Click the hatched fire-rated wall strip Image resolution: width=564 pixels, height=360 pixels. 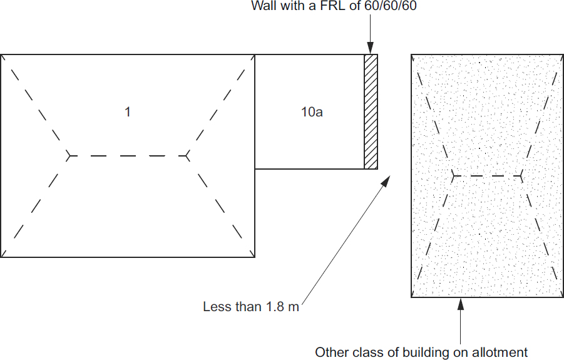(371, 111)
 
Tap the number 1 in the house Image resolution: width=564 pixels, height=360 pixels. (128, 112)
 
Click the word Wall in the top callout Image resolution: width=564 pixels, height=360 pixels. (264, 7)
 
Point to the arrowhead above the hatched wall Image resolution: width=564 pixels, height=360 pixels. (371, 48)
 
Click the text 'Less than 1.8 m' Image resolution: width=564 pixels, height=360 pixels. (251, 307)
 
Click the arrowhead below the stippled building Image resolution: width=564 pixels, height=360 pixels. (461, 304)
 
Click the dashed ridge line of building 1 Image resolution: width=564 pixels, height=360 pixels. (128, 155)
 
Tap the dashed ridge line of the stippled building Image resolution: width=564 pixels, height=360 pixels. (487, 176)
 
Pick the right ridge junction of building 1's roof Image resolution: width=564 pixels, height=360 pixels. (187, 155)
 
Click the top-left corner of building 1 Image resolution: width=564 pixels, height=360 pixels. (1, 55)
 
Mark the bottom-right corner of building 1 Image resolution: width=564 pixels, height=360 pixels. (254, 257)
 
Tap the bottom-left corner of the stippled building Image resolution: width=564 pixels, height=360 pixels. (411, 296)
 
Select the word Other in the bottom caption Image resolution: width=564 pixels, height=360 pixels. (330, 352)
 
